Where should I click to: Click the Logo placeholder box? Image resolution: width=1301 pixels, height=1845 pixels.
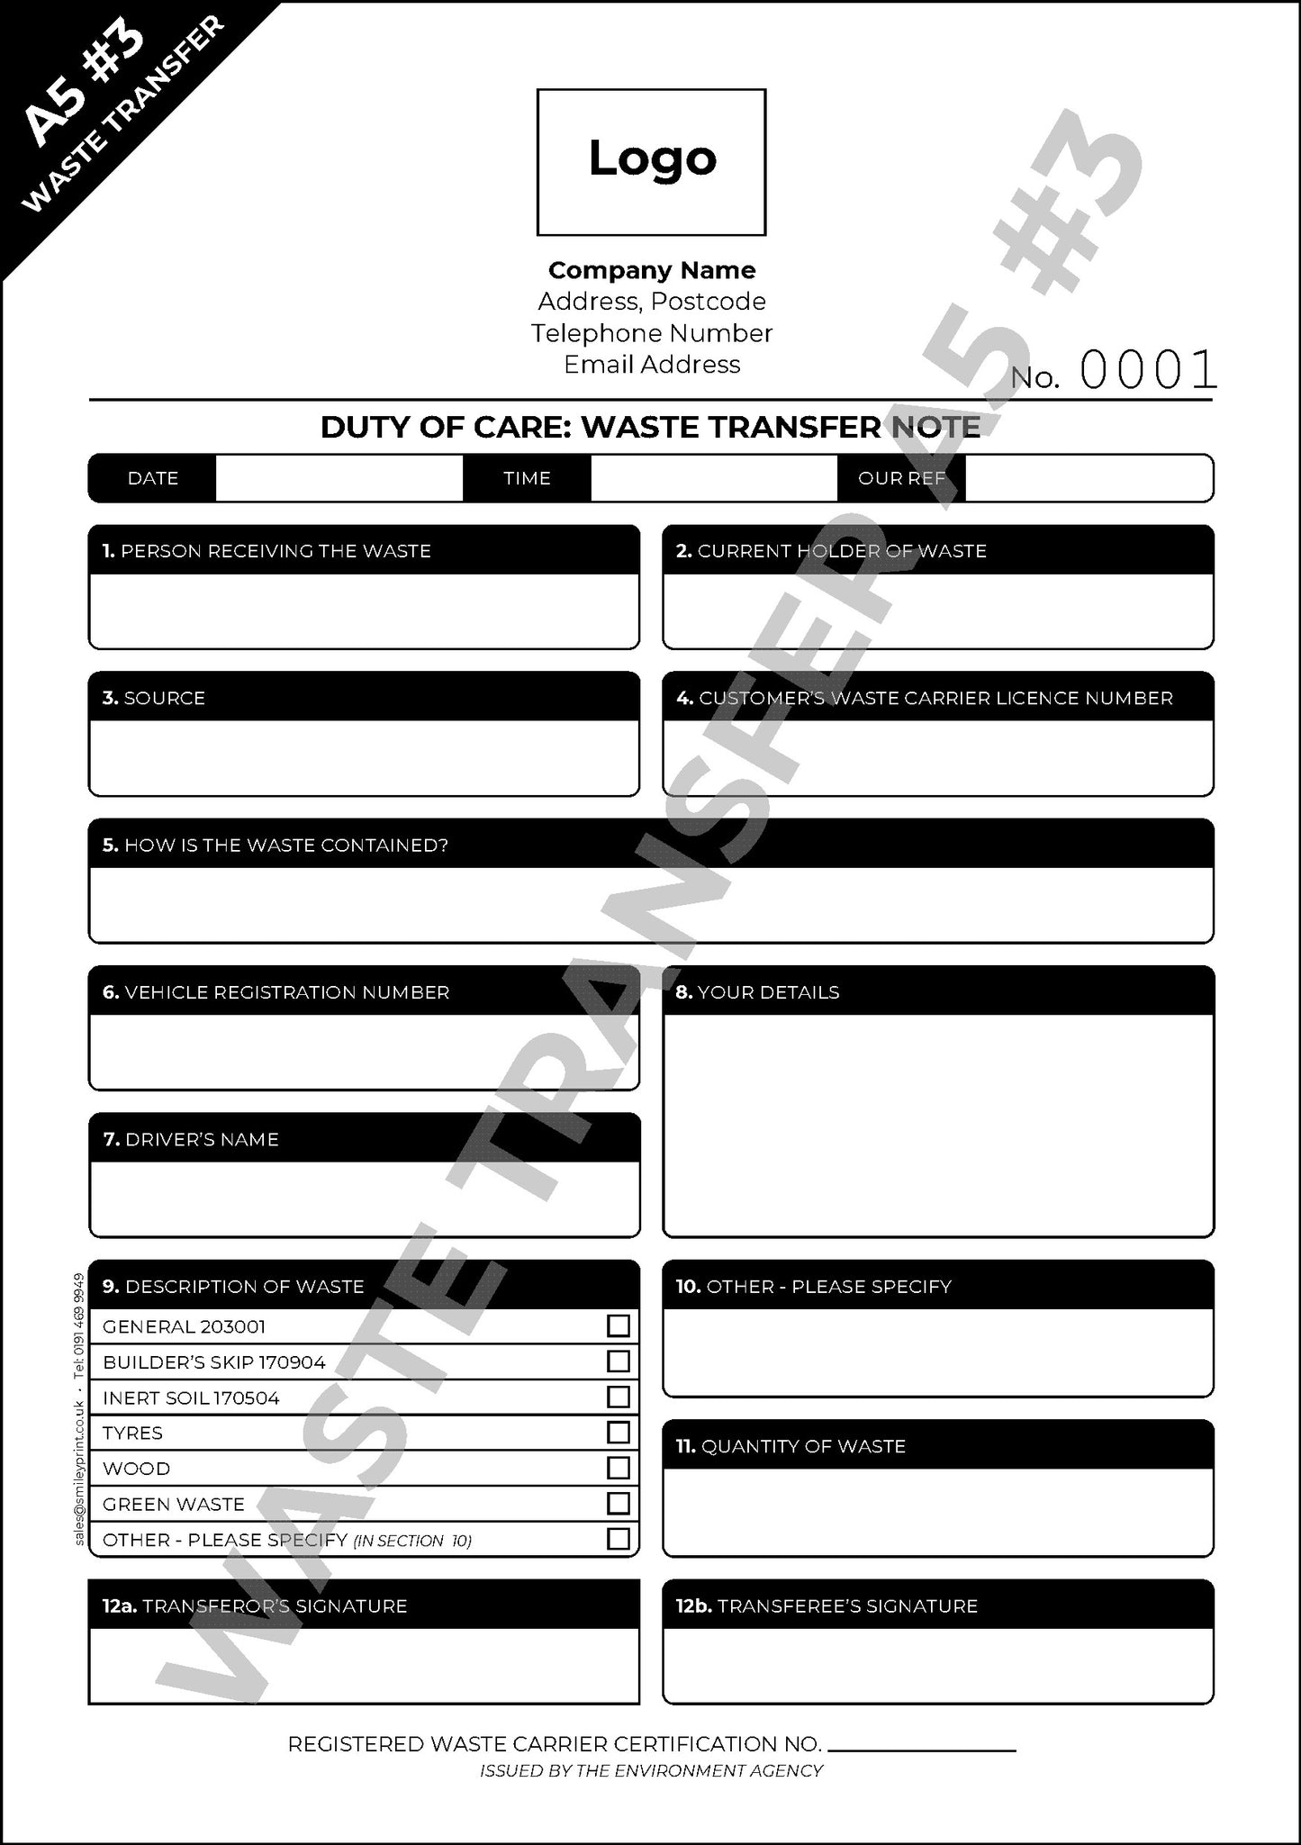pos(651,162)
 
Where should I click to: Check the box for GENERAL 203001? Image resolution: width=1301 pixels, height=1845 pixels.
pos(618,1325)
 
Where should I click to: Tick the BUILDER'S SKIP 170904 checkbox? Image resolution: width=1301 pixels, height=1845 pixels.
pos(618,1361)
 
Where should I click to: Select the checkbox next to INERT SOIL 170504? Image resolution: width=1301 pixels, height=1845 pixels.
pos(618,1397)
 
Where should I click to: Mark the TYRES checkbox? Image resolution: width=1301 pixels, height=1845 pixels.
pos(618,1432)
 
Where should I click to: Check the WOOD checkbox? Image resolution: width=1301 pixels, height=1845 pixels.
pos(618,1468)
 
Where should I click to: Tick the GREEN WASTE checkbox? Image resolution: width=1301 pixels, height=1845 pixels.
pos(618,1503)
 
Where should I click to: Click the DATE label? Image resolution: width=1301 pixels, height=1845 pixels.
pos(153,478)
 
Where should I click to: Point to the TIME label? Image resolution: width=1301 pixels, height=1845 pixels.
pos(527,478)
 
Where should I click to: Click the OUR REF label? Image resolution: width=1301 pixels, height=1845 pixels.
pos(901,478)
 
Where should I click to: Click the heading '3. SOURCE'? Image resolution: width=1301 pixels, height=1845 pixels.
pos(154,698)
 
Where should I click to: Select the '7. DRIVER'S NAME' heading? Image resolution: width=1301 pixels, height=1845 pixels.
pos(191,1139)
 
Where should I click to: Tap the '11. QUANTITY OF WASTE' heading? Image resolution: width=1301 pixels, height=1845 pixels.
pos(791,1446)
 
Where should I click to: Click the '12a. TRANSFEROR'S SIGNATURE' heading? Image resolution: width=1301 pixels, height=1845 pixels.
pos(255,1605)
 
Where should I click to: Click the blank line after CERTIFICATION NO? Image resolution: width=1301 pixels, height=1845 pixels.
pos(921,1749)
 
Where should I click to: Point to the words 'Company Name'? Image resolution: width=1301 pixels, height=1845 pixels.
pos(652,270)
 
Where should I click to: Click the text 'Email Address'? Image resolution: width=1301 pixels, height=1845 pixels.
pos(652,365)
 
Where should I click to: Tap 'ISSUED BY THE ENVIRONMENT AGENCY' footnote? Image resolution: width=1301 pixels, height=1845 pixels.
pos(651,1770)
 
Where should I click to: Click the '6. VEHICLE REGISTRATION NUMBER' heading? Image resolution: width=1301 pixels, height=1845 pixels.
pos(276,992)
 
